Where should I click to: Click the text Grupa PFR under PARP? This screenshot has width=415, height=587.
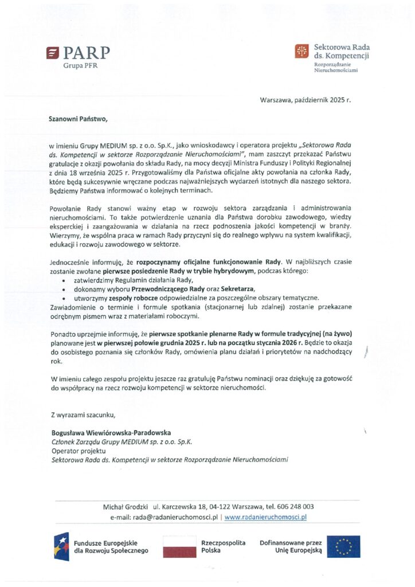[79, 66]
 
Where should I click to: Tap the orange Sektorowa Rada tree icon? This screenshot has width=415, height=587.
[301, 52]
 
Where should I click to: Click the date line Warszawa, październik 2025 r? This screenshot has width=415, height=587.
[305, 100]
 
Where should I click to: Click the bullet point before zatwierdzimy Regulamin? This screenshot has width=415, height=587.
[62, 280]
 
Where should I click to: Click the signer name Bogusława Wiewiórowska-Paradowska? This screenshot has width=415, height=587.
[110, 432]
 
